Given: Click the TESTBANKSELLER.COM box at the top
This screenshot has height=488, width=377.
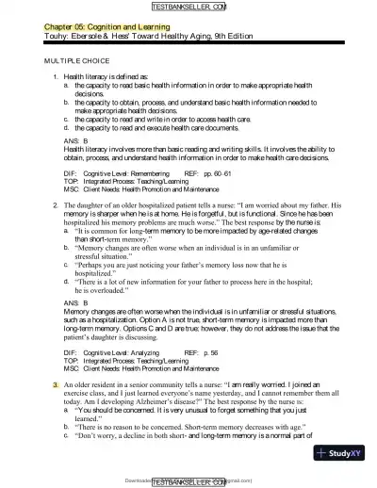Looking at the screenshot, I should [x=188, y=7].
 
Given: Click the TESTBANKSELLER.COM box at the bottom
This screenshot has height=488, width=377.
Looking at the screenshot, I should [x=188, y=480].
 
